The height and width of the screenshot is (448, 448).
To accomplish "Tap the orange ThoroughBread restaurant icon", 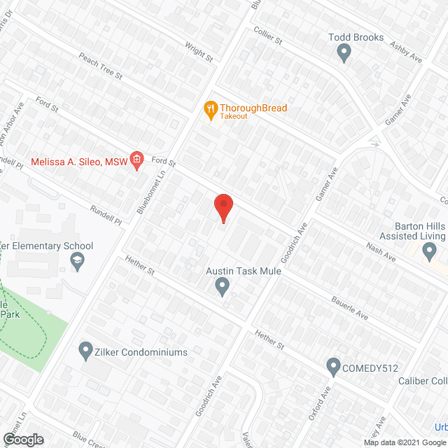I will coord(209,108).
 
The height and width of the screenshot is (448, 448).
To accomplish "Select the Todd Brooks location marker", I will coord(344,51).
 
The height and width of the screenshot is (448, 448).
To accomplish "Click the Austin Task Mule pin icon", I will coord(223,286).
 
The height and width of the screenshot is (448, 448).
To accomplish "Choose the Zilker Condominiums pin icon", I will coord(85,349).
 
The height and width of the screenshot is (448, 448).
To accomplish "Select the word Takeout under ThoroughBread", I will coord(233,116).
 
